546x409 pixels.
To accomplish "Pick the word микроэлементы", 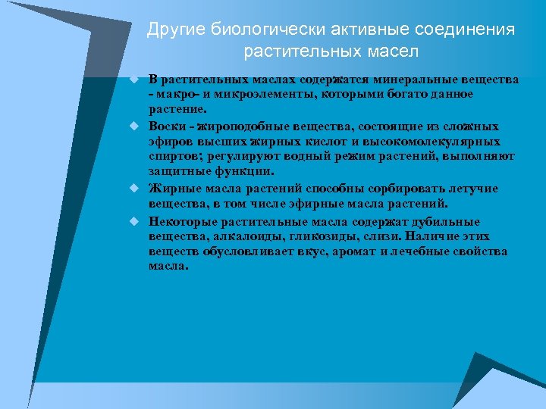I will tap(247, 94).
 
